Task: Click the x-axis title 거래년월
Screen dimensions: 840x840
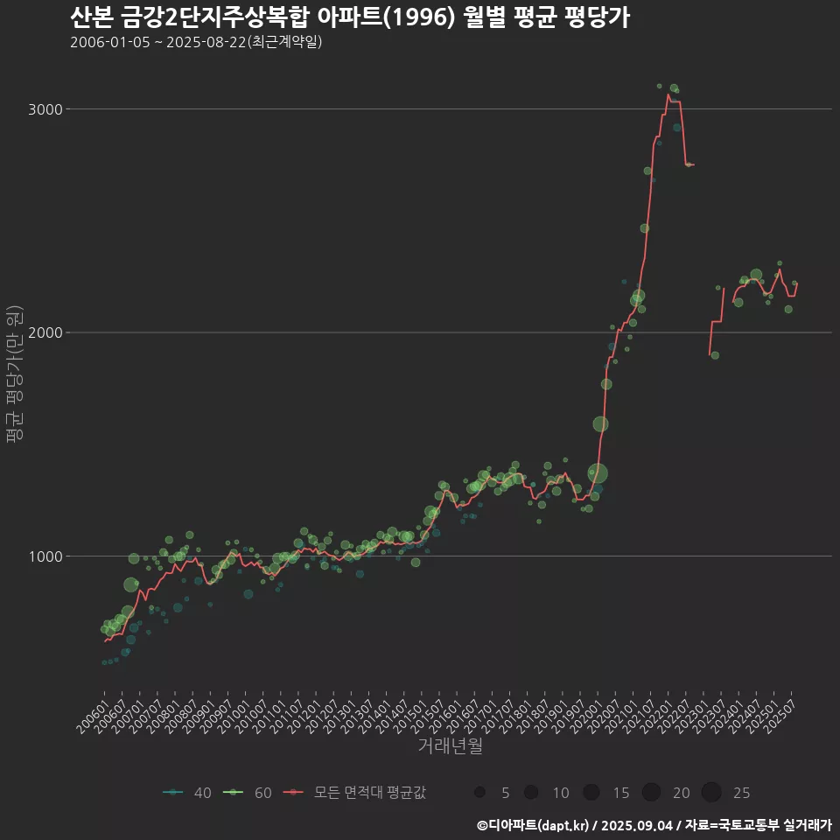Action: (450, 745)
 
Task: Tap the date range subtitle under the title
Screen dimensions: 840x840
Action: (196, 42)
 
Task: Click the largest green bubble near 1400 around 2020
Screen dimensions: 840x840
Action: (598, 474)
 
